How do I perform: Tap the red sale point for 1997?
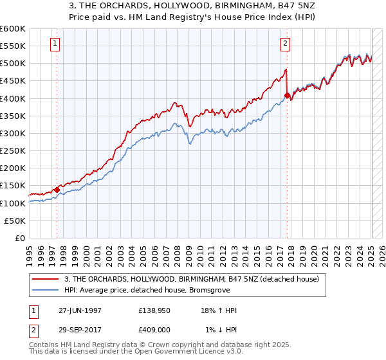pyautogui.click(x=57, y=190)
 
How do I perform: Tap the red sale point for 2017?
pyautogui.click(x=287, y=95)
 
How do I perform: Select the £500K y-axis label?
pyautogui.click(x=13, y=63)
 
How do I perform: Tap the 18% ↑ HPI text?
pyautogui.click(x=219, y=310)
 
